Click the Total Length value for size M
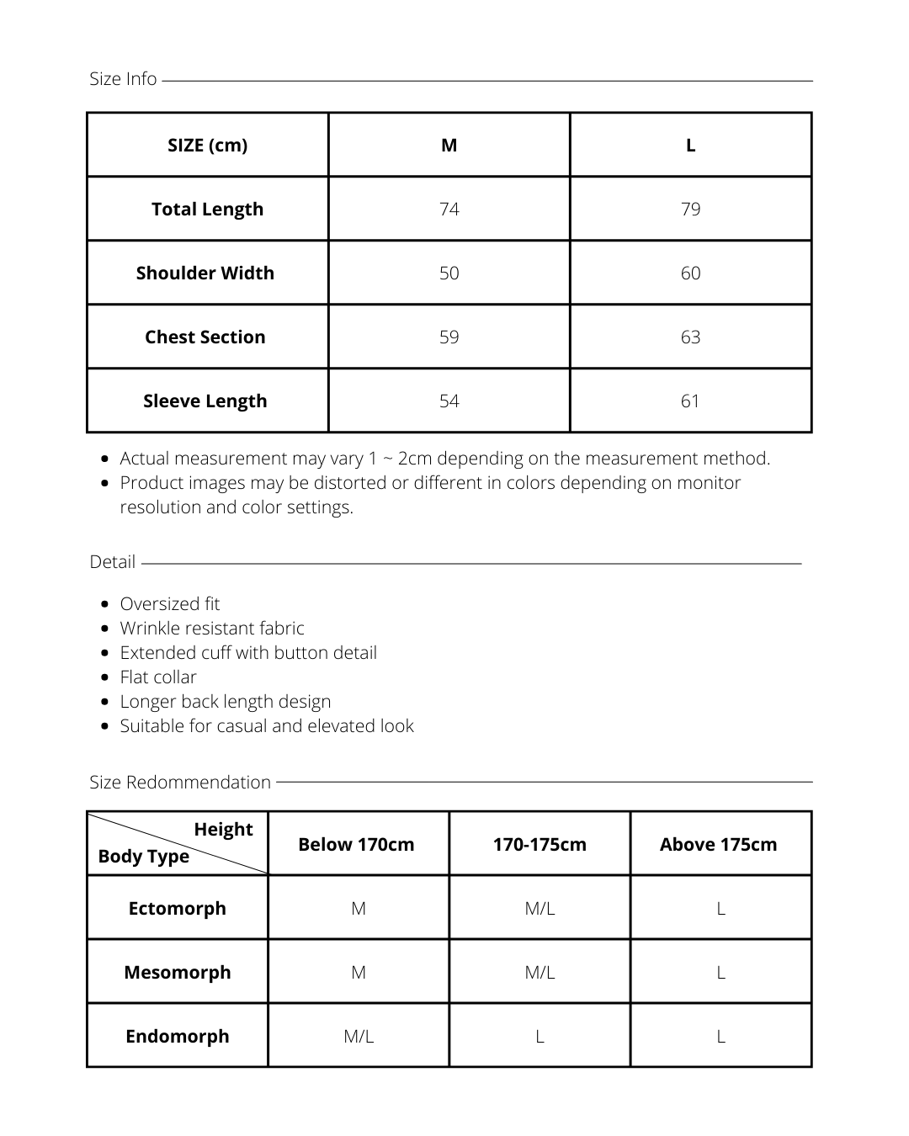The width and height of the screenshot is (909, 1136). tap(449, 210)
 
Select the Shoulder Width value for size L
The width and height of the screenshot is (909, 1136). tap(690, 273)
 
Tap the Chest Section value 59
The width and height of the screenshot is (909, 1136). tap(449, 337)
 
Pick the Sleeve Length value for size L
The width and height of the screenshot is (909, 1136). tap(690, 401)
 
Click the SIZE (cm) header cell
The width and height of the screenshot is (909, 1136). tap(207, 146)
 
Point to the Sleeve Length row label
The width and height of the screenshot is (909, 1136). tap(205, 401)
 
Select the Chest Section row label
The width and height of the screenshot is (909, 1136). tap(205, 337)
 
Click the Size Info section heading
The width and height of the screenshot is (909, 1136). tap(123, 79)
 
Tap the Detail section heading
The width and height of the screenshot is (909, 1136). tap(112, 562)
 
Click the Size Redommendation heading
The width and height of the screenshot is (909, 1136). tap(180, 783)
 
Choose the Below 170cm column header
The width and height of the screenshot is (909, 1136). tap(356, 845)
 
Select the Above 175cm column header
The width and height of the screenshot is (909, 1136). tap(718, 845)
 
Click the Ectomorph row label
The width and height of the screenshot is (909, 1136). tap(177, 909)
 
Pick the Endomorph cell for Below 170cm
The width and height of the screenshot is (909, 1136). tap(359, 1037)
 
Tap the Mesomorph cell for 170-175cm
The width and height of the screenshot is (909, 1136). tap(540, 973)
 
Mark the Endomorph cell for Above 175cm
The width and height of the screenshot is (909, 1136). tap(720, 1037)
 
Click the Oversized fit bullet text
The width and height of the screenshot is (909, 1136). tap(169, 604)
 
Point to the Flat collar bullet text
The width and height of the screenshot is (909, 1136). tap(158, 677)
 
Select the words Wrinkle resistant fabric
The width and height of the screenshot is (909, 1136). tap(212, 629)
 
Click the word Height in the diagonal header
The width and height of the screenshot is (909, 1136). tap(223, 830)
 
